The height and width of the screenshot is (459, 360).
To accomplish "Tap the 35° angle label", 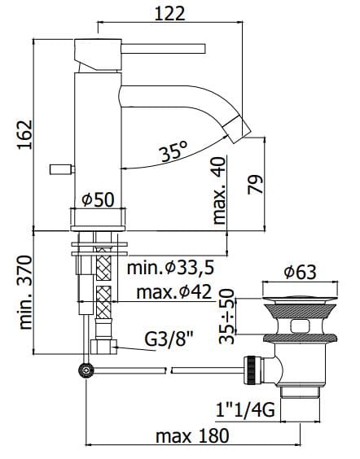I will (173, 151).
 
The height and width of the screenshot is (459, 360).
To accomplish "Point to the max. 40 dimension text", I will (219, 191).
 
